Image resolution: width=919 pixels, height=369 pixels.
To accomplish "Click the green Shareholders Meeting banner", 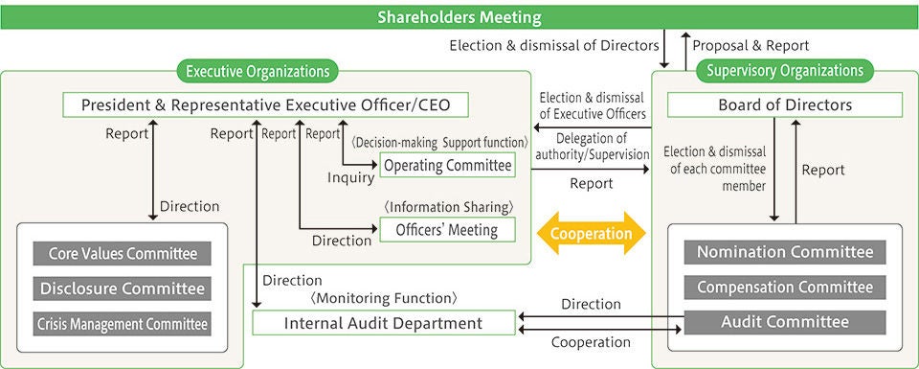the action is pyautogui.click(x=459, y=17).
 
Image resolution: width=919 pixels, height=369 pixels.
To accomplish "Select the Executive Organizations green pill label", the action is pyautogui.click(x=257, y=71).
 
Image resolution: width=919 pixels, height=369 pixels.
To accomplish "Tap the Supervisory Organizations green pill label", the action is pyautogui.click(x=784, y=70).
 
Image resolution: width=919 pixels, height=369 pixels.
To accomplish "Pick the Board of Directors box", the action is pyautogui.click(x=784, y=104).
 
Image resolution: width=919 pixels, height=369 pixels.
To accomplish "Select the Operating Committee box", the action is pyautogui.click(x=447, y=166).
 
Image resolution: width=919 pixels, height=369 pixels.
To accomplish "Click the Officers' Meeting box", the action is pyautogui.click(x=447, y=229).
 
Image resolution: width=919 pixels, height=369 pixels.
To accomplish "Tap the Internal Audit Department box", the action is pyautogui.click(x=383, y=323).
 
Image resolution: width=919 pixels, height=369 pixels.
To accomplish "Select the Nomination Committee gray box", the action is pyautogui.click(x=784, y=252).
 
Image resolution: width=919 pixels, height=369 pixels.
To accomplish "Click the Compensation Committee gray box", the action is pyautogui.click(x=784, y=288).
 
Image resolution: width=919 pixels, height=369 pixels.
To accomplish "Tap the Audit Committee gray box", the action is pyautogui.click(x=784, y=322).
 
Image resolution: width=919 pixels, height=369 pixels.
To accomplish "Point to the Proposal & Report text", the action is pyautogui.click(x=751, y=45).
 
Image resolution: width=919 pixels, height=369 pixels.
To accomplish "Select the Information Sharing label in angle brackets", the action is pyautogui.click(x=449, y=206).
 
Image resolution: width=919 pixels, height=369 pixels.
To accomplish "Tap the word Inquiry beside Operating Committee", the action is pyautogui.click(x=350, y=178).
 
